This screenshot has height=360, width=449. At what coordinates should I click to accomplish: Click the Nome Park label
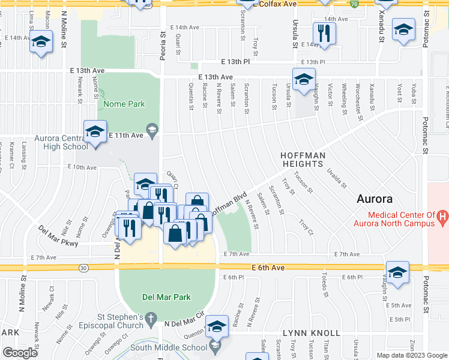pyautogui.click(x=124, y=104)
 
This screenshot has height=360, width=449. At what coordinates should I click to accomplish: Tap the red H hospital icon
pyautogui.click(x=443, y=215)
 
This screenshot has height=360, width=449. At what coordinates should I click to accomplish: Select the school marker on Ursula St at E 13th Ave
pyautogui.click(x=304, y=79)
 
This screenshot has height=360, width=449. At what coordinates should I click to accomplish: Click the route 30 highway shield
pyautogui.click(x=83, y=268)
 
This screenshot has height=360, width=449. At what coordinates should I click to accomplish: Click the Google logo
pyautogui.click(x=19, y=353)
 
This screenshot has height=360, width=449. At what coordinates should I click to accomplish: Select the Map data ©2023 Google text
pyautogui.click(x=411, y=355)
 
